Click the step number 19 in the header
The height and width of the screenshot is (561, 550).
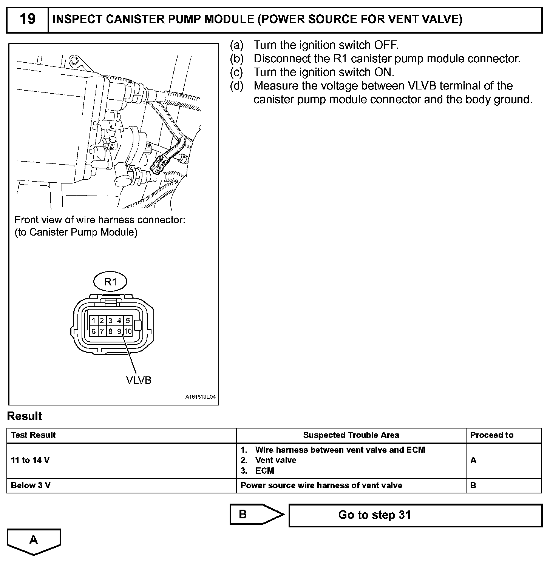(x=28, y=19)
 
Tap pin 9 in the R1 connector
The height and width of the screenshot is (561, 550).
(x=119, y=331)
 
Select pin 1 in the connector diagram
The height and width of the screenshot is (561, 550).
(x=94, y=321)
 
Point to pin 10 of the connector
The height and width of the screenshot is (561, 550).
(x=128, y=331)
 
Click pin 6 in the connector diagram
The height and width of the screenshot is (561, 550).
(x=94, y=331)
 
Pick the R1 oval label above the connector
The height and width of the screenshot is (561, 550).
(x=110, y=282)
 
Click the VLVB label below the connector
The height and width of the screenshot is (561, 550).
(x=139, y=380)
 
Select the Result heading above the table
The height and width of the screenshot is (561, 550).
(x=25, y=416)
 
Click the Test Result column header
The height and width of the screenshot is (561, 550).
(x=33, y=435)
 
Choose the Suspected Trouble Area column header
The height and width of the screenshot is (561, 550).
(x=351, y=435)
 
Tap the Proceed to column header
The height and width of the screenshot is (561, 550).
(x=491, y=435)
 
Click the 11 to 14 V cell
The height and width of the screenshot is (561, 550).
(x=30, y=460)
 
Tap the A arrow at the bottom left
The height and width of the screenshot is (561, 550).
(x=34, y=541)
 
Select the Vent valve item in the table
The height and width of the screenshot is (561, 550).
(x=275, y=460)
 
